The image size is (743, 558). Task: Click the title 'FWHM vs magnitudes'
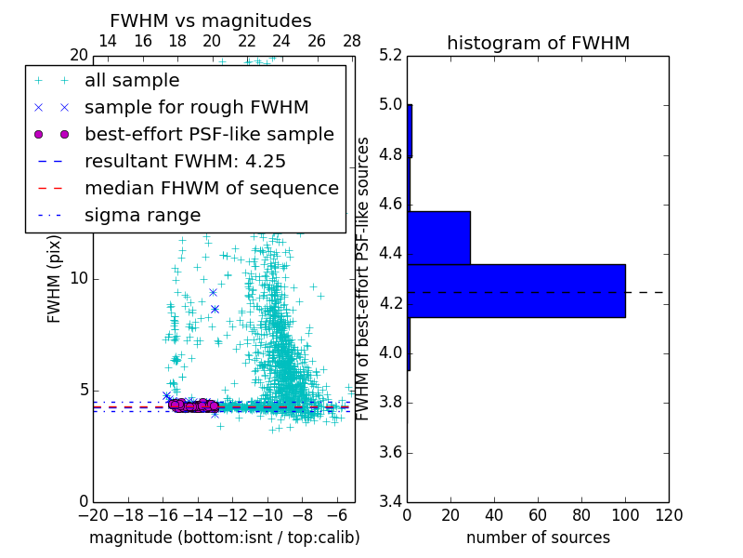click(211, 20)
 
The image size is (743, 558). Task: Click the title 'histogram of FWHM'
click(538, 43)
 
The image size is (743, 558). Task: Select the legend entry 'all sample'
click(132, 81)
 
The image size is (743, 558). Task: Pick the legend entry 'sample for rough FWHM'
click(196, 108)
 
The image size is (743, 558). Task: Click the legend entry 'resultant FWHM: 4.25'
click(185, 162)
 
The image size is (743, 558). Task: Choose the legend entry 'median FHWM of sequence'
click(211, 189)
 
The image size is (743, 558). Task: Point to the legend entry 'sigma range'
click(142, 216)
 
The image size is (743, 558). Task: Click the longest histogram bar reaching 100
click(515, 291)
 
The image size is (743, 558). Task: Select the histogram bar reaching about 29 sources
click(438, 238)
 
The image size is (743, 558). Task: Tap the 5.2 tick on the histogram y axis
click(391, 55)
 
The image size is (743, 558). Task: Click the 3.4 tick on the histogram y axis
click(391, 502)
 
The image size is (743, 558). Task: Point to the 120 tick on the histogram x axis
click(669, 515)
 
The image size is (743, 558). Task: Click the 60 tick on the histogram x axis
click(538, 515)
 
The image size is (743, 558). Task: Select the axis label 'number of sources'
click(538, 538)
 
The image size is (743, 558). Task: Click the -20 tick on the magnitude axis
click(93, 515)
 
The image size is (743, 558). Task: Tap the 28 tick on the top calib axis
click(352, 41)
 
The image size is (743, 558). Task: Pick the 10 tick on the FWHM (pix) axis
click(80, 279)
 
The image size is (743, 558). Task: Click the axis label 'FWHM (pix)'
click(55, 279)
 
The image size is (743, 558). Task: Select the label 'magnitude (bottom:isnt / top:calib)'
click(224, 538)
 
